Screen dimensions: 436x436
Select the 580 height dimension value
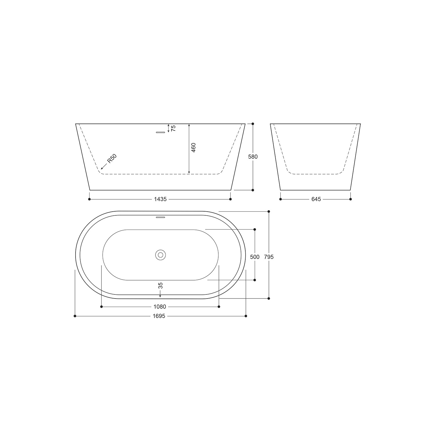tap(253, 157)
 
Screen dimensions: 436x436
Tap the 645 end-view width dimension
tap(316, 199)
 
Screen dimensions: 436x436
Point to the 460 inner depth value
tap(194, 148)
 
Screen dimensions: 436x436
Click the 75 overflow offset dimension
tap(174, 128)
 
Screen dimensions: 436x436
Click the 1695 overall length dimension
tap(159, 316)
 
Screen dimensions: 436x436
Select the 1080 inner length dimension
tap(160, 307)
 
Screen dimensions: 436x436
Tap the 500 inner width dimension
tap(255, 257)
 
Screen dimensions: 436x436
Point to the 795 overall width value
tap(269, 257)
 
